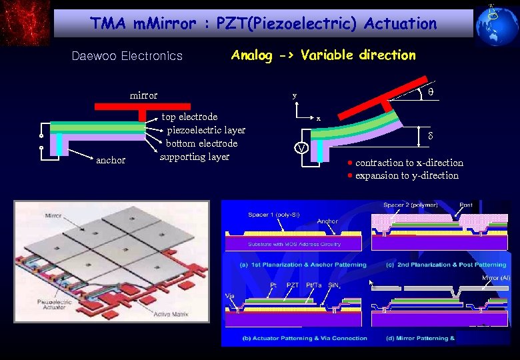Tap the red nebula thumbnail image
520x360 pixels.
point(25,22)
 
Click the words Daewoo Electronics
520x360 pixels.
point(127,56)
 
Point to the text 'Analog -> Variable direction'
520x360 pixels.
point(323,55)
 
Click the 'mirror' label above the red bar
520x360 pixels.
point(143,95)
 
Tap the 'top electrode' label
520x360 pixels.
point(190,117)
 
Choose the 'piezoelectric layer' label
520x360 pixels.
point(207,130)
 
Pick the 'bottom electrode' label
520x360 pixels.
point(202,143)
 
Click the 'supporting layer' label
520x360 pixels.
point(195,157)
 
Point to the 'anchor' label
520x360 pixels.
point(111,160)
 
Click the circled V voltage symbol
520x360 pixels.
point(301,147)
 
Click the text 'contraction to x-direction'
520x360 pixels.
point(409,163)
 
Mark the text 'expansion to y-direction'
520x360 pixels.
point(407,175)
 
